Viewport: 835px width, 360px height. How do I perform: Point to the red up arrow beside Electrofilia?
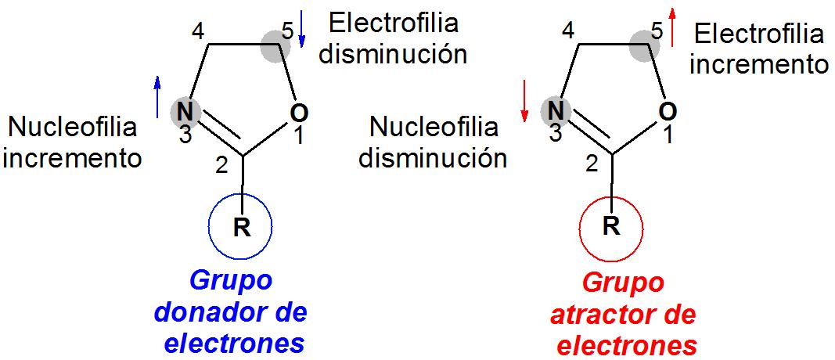coord(671,27)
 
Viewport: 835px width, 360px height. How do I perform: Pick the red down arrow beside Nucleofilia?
coord(525,101)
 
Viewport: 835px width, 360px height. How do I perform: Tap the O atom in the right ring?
coord(668,112)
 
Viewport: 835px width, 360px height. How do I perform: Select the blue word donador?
coord(201,312)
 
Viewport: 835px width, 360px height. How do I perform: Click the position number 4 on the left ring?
coord(199,33)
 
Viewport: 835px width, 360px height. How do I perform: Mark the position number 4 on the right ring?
coord(569,33)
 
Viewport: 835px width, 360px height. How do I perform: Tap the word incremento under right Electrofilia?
coord(758,63)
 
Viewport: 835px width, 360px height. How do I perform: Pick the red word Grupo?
coord(624,282)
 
